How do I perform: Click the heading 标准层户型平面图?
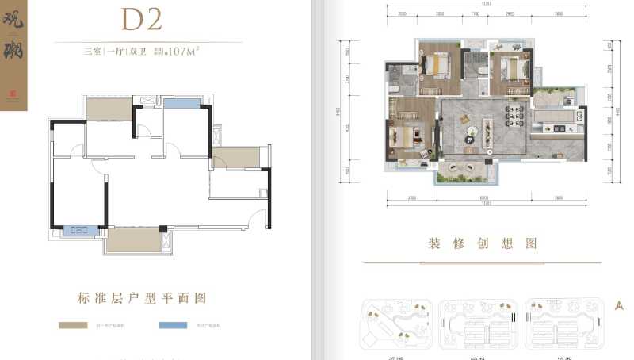coord(143,298)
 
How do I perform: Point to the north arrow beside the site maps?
coord(620,306)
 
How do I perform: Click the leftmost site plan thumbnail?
coord(395,324)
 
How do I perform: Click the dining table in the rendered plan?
coord(515,116)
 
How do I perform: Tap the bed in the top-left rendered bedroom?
coord(434,66)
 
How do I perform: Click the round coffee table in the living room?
coord(468,131)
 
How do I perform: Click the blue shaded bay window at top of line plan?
coord(182,103)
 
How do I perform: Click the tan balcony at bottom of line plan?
coord(132,240)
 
